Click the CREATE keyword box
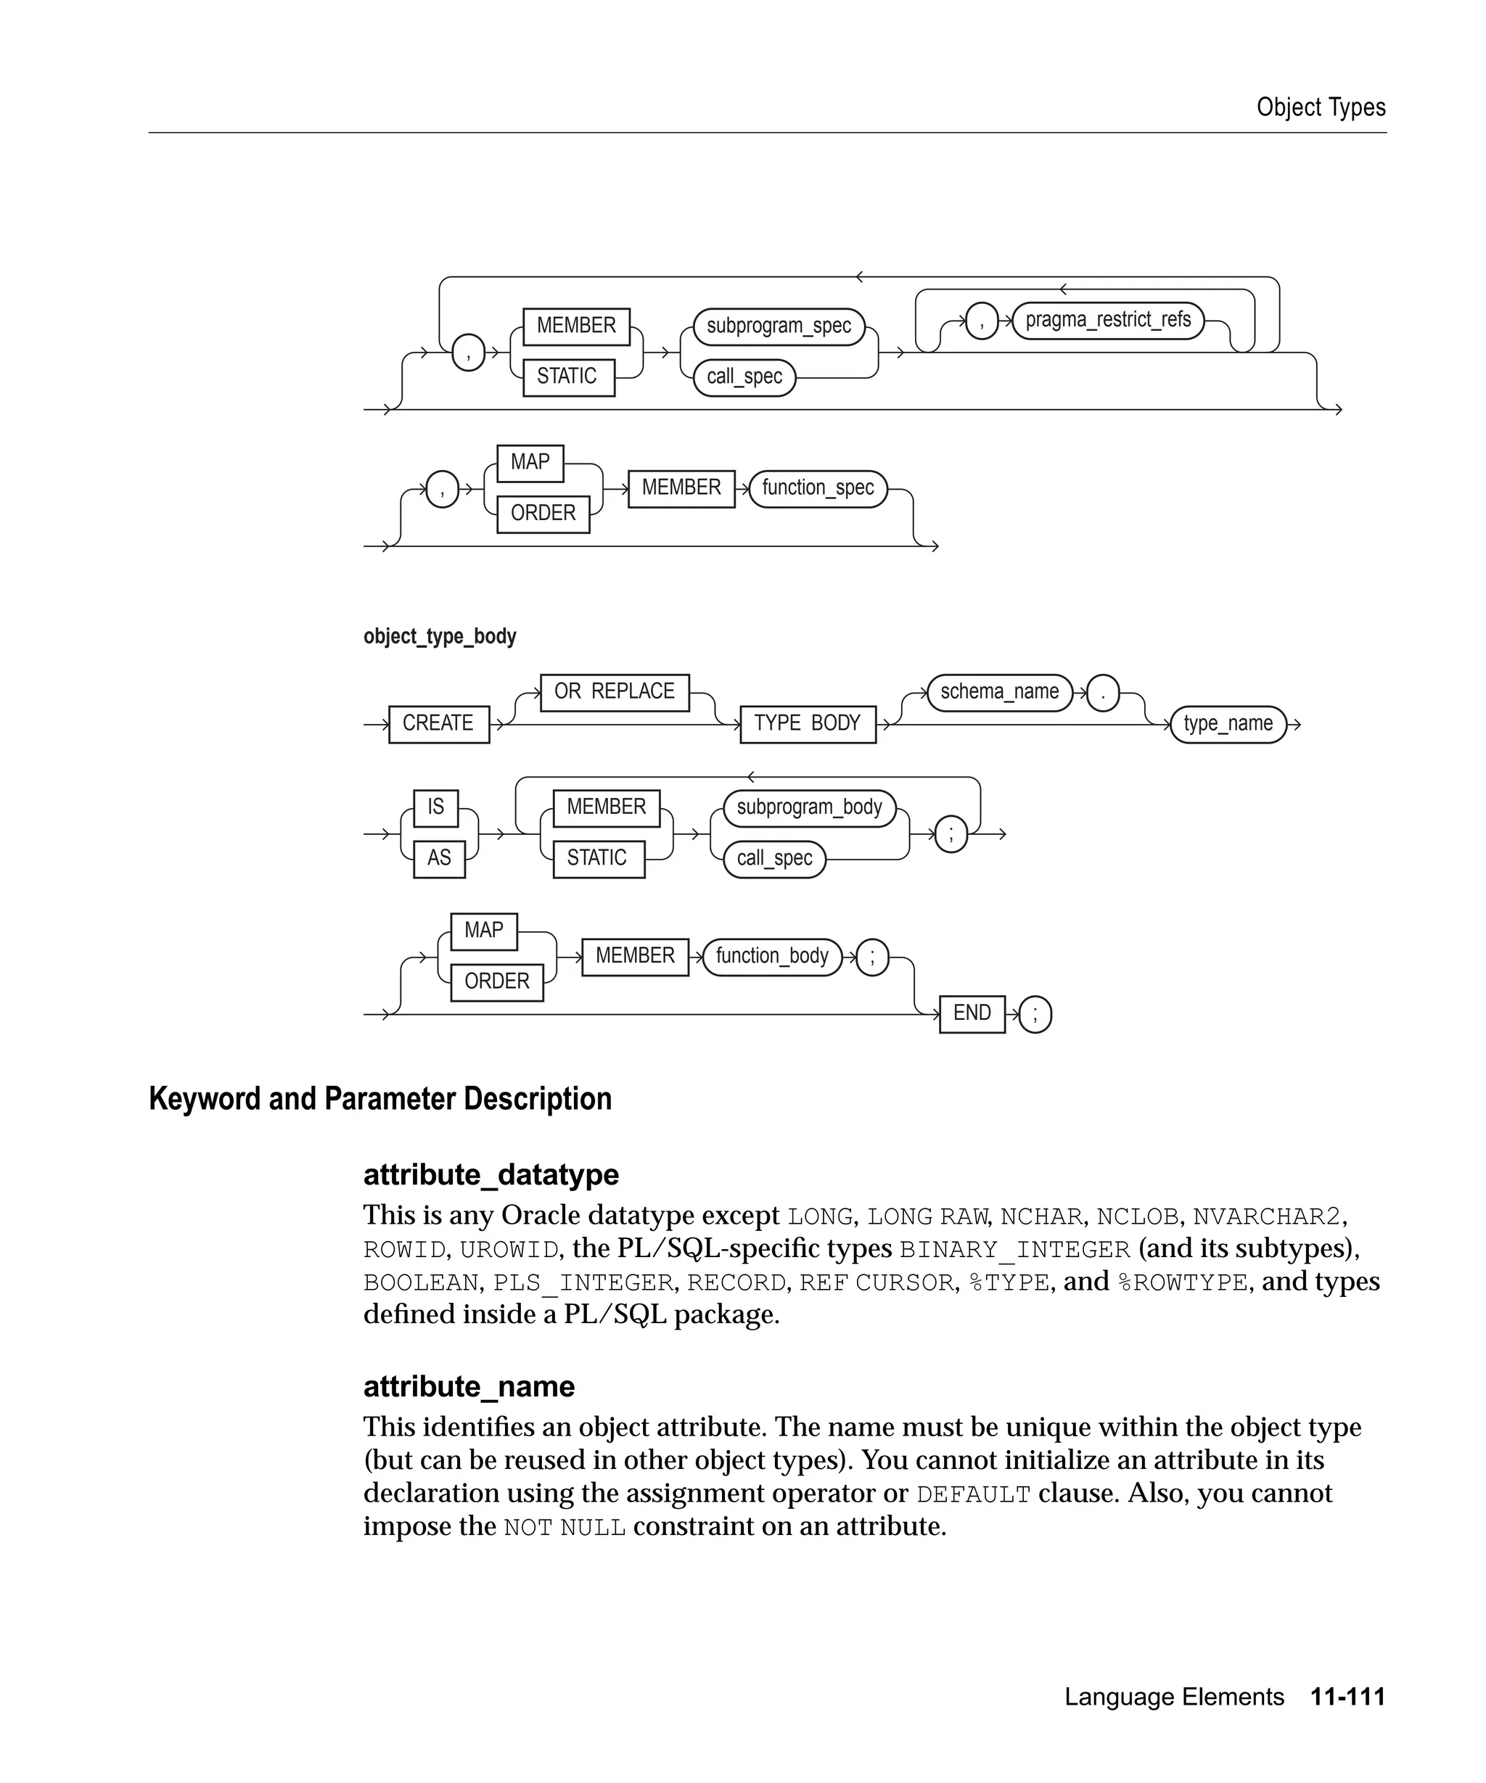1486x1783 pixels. (438, 723)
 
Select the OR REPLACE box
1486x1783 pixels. (614, 692)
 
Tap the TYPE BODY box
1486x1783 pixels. (807, 723)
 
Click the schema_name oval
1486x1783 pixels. (999, 692)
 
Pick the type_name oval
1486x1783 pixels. (1227, 723)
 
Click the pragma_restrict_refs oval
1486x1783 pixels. (1107, 320)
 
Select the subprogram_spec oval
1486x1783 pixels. (778, 326)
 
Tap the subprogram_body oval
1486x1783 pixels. (808, 807)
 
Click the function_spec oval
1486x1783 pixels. (817, 488)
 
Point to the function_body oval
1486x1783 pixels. (771, 956)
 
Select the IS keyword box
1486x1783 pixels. (435, 807)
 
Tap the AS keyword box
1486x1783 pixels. (439, 857)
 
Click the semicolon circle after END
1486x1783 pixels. (1034, 1014)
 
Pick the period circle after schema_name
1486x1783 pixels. (1102, 693)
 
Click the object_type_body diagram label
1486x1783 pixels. (439, 636)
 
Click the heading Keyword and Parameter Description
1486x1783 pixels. (379, 1099)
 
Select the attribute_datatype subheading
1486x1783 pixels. (490, 1174)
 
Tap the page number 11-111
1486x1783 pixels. (1347, 1697)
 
